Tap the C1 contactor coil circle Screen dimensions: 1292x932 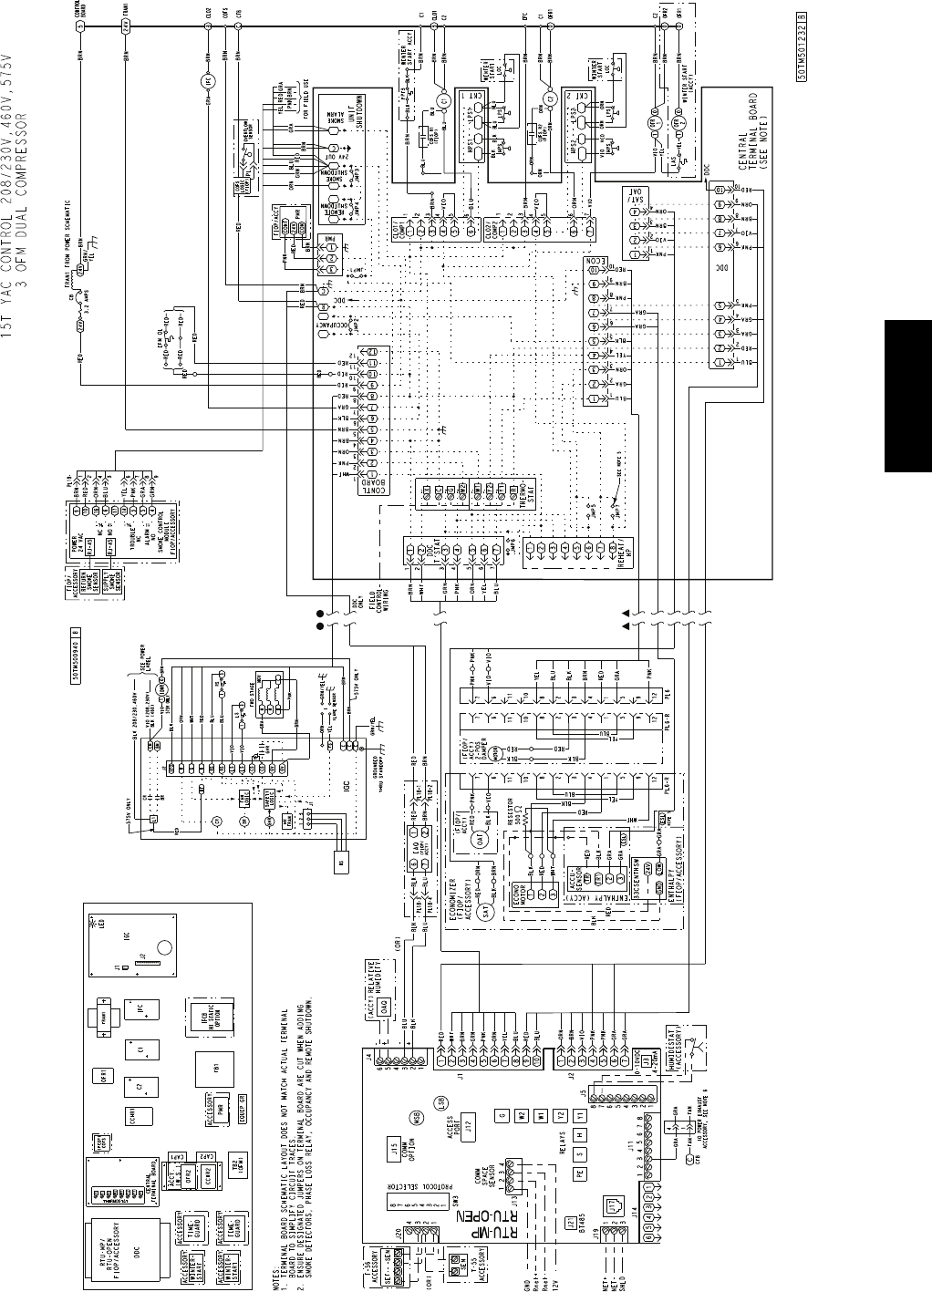coord(442,98)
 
